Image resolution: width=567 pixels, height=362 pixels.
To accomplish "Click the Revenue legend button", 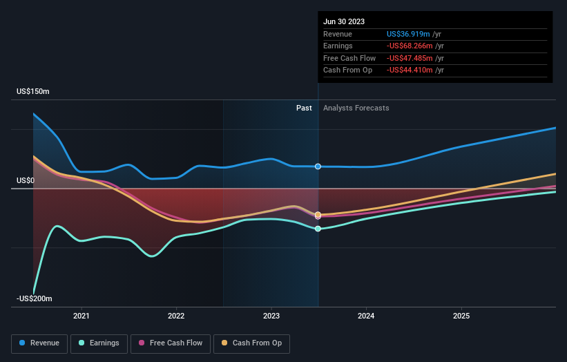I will [39, 343].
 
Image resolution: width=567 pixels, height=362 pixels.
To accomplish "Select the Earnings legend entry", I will [99, 343].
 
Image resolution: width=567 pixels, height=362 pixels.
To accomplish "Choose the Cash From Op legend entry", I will [253, 343].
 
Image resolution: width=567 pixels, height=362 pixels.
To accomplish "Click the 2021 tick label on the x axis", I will [81, 316].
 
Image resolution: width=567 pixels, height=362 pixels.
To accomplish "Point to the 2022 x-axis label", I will [176, 316].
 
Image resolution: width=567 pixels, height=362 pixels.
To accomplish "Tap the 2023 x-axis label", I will [271, 316].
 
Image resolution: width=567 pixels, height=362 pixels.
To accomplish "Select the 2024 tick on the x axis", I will [366, 316].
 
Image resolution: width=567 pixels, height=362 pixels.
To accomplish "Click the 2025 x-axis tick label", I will [461, 316].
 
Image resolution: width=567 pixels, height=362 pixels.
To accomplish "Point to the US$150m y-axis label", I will [33, 91].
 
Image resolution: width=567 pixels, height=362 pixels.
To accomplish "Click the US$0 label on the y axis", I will [26, 180].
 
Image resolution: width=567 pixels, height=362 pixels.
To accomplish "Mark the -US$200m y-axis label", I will [35, 298].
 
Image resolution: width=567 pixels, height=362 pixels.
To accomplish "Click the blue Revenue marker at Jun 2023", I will [318, 166].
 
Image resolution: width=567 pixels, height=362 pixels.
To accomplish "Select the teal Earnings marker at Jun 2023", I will [318, 229].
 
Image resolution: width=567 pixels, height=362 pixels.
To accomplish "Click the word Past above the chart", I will [304, 108].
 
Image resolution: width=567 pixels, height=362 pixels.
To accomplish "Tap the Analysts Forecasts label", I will [356, 108].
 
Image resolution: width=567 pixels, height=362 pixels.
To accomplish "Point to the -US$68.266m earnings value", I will [413, 46].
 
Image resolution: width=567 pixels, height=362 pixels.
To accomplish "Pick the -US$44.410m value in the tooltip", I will [413, 70].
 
